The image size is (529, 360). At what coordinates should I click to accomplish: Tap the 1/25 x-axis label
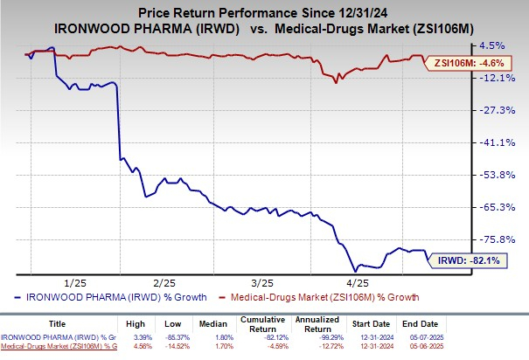[73, 281]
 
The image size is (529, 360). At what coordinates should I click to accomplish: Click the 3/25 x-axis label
[261, 281]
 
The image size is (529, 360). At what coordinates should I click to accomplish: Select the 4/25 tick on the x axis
[358, 281]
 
